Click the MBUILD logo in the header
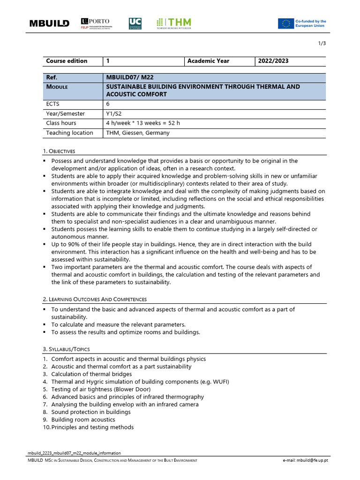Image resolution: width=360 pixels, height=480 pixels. [49, 23]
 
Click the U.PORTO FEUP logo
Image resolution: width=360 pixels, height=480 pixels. [95, 23]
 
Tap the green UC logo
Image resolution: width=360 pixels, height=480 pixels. [135, 23]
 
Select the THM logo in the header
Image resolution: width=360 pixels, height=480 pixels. [174, 23]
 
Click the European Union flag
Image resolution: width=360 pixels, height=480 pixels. [285, 23]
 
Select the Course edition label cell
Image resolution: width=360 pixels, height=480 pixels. [67, 61]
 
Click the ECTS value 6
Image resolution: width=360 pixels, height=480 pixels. [108, 104]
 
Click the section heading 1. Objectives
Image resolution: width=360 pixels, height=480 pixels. [59, 151]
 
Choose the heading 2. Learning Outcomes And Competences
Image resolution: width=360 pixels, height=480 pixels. [95, 299]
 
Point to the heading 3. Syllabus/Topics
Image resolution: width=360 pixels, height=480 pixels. [66, 349]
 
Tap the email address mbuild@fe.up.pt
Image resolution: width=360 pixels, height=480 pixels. [305, 461]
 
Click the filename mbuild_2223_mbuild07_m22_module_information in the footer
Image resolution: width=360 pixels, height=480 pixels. [75, 453]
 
